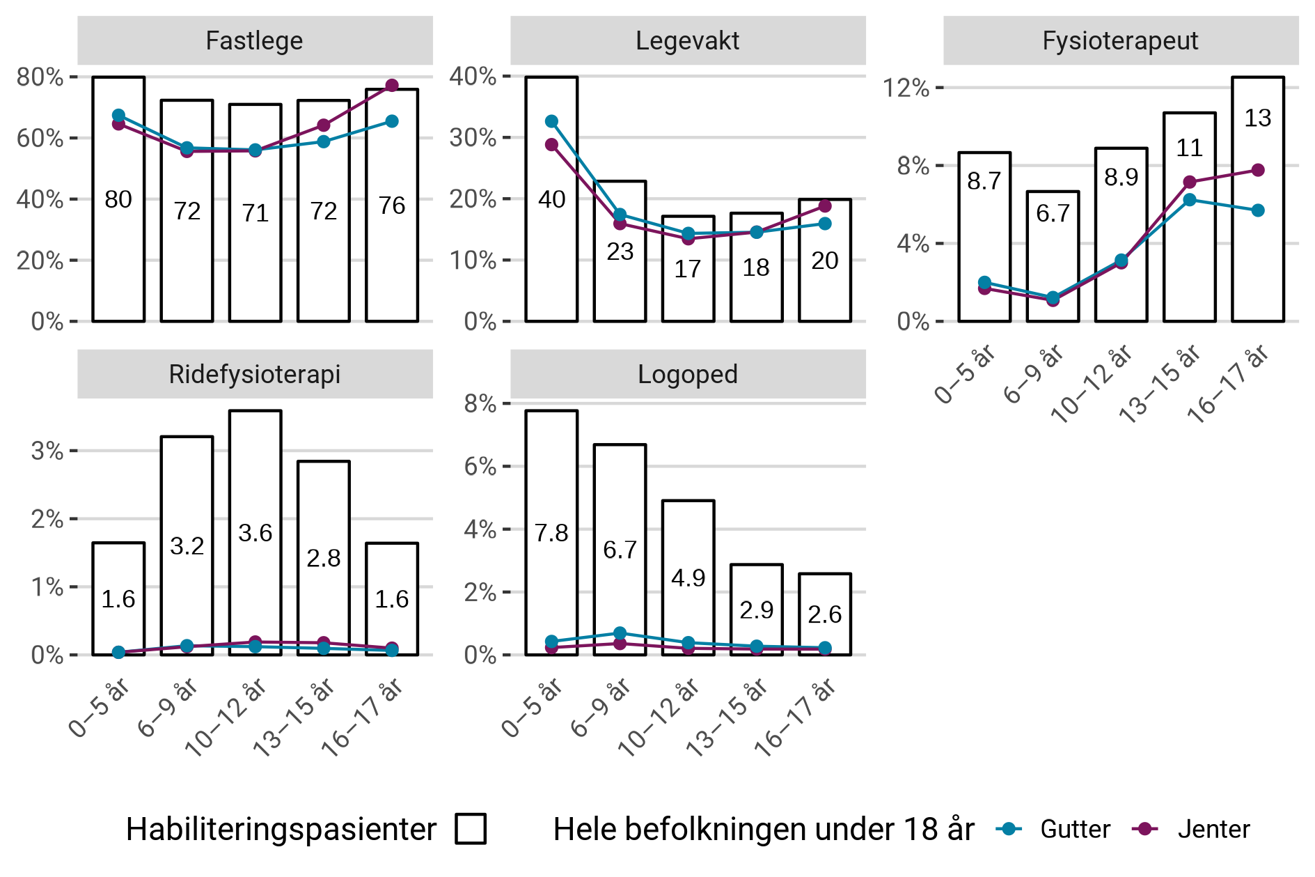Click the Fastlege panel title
pos(254,40)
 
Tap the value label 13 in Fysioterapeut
pos(1257,118)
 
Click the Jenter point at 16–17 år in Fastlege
pos(392,86)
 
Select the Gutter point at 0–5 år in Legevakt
pos(551,121)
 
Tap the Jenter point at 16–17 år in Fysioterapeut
pos(1257,170)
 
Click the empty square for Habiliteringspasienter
pos(471,829)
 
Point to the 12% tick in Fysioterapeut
pos(906,88)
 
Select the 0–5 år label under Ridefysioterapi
pos(100,708)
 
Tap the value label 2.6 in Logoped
pos(824,614)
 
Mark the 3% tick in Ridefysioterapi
pos(47,451)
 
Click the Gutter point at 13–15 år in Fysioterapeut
pos(1189,200)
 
